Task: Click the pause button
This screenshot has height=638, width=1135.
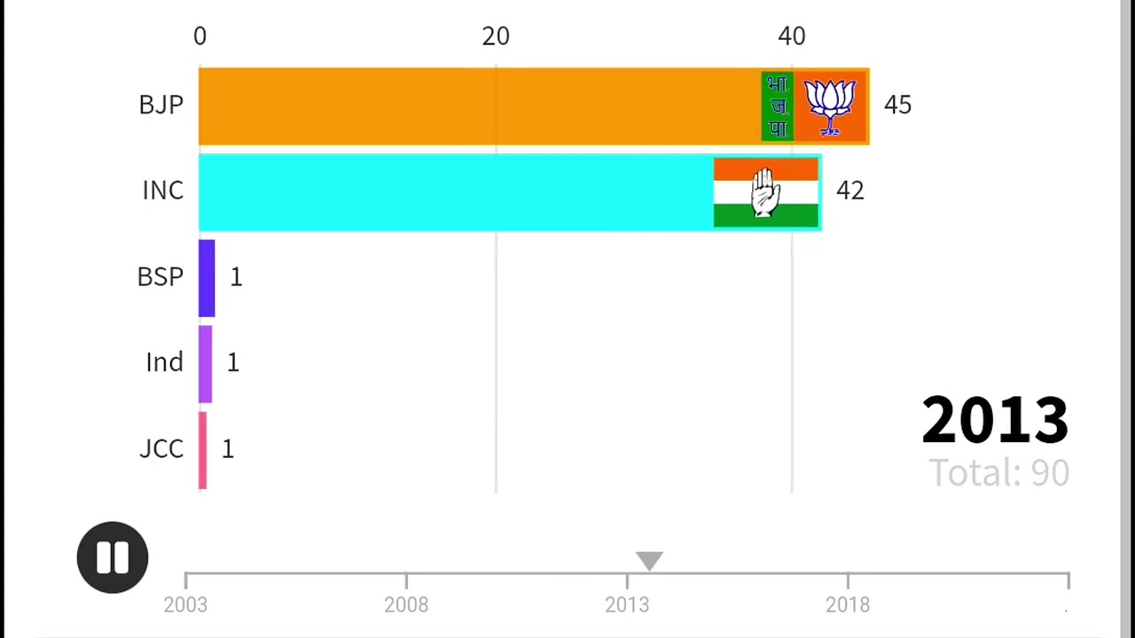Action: coord(113,557)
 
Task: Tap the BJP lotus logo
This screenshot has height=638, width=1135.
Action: coord(830,106)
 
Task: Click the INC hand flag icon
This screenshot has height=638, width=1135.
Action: coord(765,192)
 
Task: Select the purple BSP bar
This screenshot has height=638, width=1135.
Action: coord(207,277)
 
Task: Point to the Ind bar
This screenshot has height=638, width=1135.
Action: coord(205,363)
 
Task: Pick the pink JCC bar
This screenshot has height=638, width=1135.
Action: coord(203,449)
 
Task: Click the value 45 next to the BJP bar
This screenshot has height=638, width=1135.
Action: coord(897,105)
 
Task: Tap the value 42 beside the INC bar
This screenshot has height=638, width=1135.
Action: coord(849,191)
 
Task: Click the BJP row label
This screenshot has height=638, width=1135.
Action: coord(160,105)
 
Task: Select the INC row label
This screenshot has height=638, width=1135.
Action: coord(163,191)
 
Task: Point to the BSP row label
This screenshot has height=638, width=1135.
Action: coord(160,276)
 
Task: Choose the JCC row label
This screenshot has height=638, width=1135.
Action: coord(161,448)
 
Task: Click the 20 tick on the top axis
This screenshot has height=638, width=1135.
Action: coord(496,36)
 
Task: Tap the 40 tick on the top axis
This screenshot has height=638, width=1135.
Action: coord(792,36)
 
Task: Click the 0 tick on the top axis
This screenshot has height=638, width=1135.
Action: coord(200,36)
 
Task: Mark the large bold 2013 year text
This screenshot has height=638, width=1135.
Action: coord(995,420)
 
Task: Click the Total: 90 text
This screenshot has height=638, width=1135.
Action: coord(998,473)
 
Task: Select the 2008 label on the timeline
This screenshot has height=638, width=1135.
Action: coord(406,605)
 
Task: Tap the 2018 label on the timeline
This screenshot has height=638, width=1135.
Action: coord(848,605)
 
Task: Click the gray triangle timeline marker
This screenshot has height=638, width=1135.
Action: coord(649,561)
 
